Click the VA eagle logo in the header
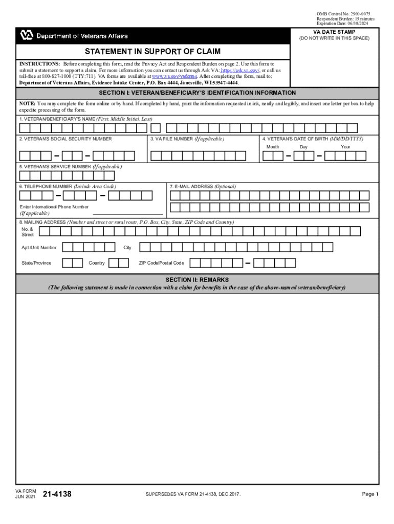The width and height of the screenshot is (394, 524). (x=27, y=36)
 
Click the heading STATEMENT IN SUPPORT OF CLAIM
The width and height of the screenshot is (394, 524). (x=153, y=52)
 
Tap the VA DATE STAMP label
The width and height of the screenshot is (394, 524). (x=334, y=32)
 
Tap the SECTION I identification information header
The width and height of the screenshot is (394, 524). (x=197, y=93)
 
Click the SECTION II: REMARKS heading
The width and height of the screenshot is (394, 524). (x=197, y=280)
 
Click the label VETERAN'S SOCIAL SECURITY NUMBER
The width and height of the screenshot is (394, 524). (x=65, y=139)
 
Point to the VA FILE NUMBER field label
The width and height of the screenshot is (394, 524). (x=187, y=139)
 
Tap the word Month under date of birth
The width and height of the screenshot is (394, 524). (x=273, y=147)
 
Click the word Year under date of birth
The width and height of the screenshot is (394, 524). (x=346, y=147)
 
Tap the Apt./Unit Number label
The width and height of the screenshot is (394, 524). (x=39, y=248)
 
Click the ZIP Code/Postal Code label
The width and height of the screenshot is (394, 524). (x=161, y=263)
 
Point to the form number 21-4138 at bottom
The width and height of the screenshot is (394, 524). (x=57, y=494)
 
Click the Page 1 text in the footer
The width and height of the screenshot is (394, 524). (x=369, y=494)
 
